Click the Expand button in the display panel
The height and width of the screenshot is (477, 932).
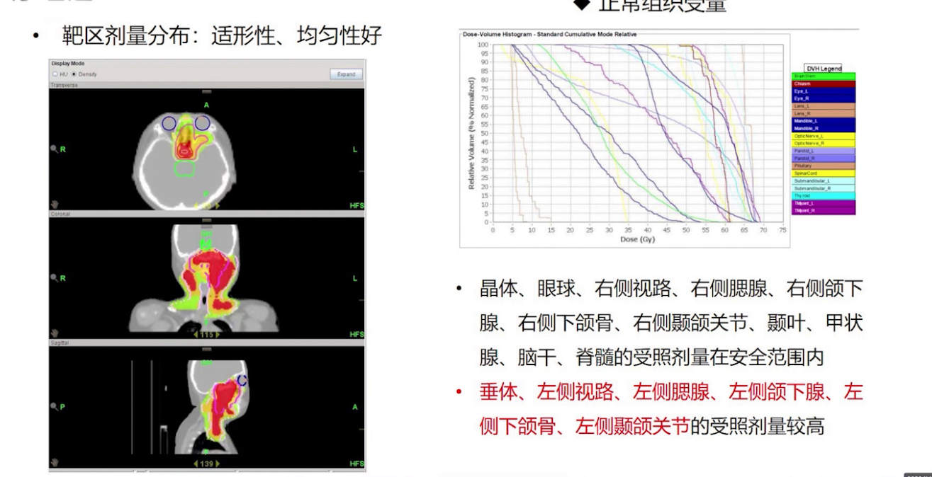pos(346,74)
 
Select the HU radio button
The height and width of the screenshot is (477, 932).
pos(55,74)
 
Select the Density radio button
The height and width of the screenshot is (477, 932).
pos(74,74)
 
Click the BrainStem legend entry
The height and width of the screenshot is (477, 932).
pos(823,76)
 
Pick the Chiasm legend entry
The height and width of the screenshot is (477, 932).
pos(823,84)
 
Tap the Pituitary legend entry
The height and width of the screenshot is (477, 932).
pos(823,166)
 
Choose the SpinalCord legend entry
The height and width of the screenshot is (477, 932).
pos(823,173)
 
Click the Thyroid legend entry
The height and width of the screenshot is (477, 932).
pos(823,195)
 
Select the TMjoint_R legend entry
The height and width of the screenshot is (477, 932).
pos(823,211)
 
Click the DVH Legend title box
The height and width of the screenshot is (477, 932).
pos(824,68)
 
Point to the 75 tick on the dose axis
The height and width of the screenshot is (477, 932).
pos(782,230)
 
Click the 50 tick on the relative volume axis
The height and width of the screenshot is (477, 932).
pos(484,133)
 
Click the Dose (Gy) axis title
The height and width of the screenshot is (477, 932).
pos(636,239)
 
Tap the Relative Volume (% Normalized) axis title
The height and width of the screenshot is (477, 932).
pos(471,134)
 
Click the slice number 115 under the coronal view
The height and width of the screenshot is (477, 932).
pos(207,334)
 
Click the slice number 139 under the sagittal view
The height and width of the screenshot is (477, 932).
pos(207,463)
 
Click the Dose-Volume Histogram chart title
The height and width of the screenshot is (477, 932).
pos(549,34)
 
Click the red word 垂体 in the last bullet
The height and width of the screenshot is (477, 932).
pos(494,392)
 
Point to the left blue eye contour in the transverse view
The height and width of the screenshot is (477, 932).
pos(169,123)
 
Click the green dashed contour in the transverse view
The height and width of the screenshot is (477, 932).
pos(185,168)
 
